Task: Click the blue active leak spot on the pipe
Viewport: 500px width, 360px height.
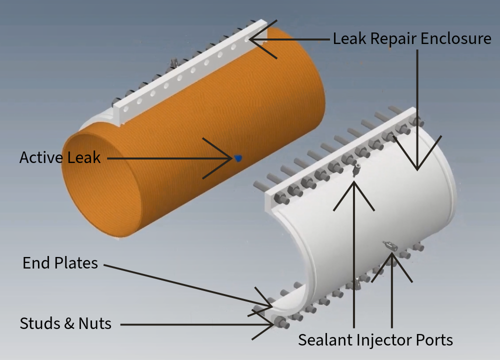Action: (x=238, y=158)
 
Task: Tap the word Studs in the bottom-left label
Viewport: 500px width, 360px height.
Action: (x=39, y=323)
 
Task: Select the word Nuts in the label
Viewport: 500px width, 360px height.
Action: (x=95, y=323)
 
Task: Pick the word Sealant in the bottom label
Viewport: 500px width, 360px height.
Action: (x=325, y=340)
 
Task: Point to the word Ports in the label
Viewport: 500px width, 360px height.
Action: (x=434, y=340)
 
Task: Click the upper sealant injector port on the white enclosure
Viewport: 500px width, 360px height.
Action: (x=355, y=170)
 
